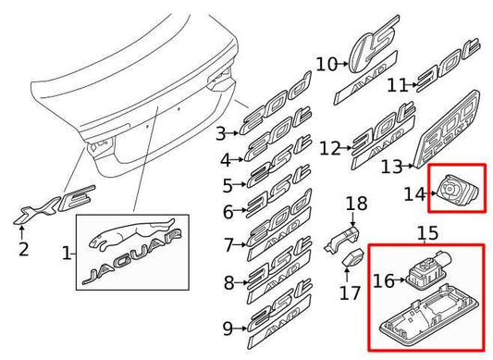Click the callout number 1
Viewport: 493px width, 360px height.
[65, 251]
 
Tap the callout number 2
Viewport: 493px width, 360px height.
[24, 248]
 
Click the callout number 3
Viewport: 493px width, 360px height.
[221, 133]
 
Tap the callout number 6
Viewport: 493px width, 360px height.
[227, 211]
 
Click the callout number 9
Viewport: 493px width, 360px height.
[227, 326]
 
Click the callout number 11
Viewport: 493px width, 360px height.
[397, 85]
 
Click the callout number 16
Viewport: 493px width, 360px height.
[382, 279]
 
